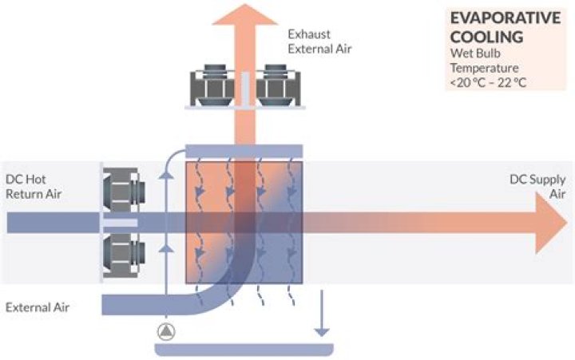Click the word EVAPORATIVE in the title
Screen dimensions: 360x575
tap(500, 18)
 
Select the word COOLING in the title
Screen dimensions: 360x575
tap(486, 37)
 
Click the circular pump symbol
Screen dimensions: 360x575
tap(165, 330)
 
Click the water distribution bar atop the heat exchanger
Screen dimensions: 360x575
tap(244, 151)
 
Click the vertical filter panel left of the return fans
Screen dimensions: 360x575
tap(101, 222)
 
